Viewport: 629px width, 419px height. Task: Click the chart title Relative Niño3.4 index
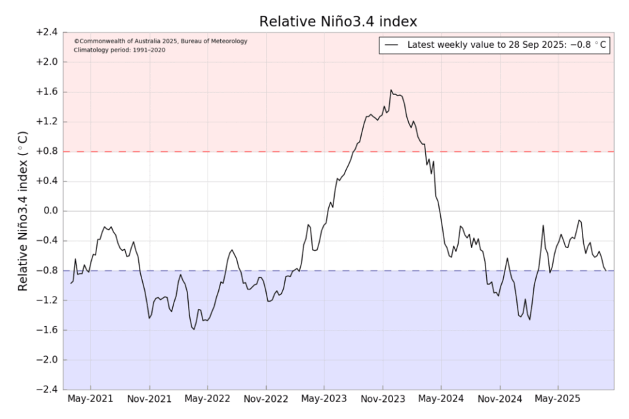point(338,21)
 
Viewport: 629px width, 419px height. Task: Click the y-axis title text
point(23,211)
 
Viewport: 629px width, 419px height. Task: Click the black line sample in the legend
point(392,45)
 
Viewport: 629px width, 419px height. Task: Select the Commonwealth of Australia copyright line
point(161,41)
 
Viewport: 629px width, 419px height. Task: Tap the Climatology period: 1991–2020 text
point(119,50)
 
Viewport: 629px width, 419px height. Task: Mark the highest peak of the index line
point(391,90)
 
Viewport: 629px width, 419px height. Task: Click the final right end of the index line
point(605,270)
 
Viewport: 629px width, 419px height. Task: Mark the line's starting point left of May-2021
point(71,283)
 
